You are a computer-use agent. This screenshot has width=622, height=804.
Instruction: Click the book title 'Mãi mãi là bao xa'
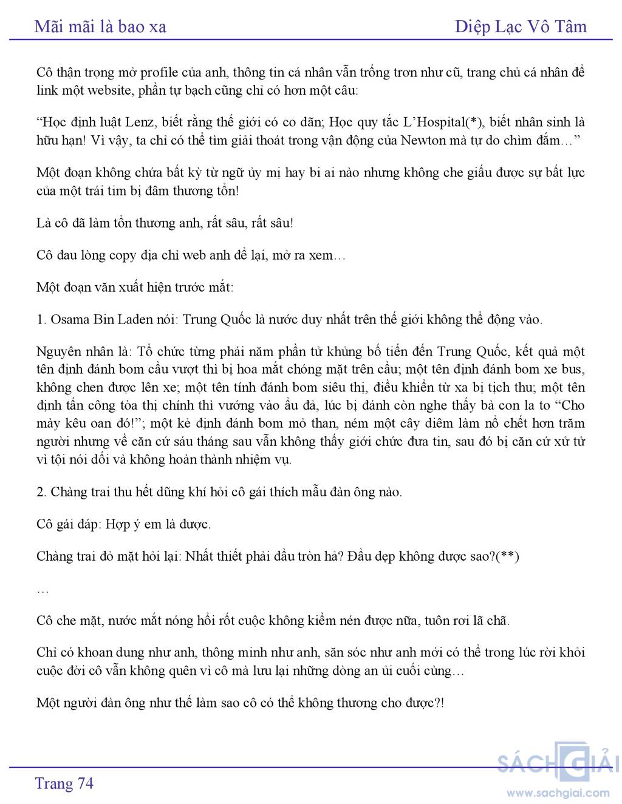pos(100,26)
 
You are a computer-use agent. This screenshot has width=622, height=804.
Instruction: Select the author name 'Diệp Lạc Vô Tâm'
pos(521,26)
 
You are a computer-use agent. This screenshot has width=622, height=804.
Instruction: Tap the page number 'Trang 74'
pos(64,783)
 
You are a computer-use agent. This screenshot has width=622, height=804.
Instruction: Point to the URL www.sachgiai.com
pos(558,792)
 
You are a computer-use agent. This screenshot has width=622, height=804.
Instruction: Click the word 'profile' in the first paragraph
pos(159,73)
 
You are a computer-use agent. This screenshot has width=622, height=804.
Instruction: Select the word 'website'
pos(111,91)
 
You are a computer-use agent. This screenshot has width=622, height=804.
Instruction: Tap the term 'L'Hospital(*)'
pos(442,122)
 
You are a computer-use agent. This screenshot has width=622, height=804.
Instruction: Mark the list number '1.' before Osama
pos(41,319)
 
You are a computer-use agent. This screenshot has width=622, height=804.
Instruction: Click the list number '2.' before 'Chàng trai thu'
pos(41,492)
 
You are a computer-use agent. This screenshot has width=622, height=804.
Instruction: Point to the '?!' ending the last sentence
pos(440,703)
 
